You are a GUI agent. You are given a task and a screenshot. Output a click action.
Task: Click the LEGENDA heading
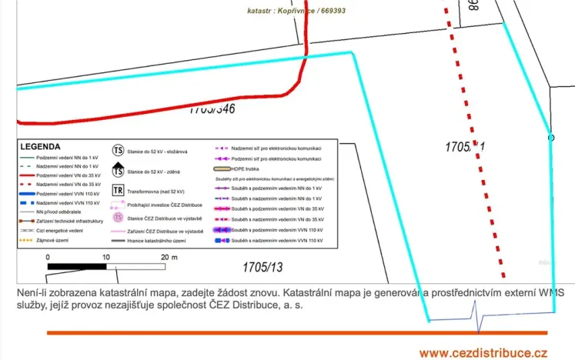click(41, 146)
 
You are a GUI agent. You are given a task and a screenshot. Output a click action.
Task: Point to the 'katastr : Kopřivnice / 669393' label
click(296, 12)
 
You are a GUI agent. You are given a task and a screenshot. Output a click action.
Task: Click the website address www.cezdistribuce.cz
click(483, 352)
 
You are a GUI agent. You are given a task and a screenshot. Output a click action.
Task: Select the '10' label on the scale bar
click(105, 256)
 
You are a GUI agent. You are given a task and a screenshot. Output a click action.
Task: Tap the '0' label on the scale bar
click(48, 256)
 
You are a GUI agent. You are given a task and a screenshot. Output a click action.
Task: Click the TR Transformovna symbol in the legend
click(119, 191)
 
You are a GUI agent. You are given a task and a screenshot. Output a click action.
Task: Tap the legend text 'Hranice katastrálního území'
click(162, 241)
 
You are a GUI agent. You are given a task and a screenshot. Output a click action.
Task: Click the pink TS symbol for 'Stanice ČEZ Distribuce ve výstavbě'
click(119, 218)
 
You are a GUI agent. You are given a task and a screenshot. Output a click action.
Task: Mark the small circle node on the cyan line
click(551, 138)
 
